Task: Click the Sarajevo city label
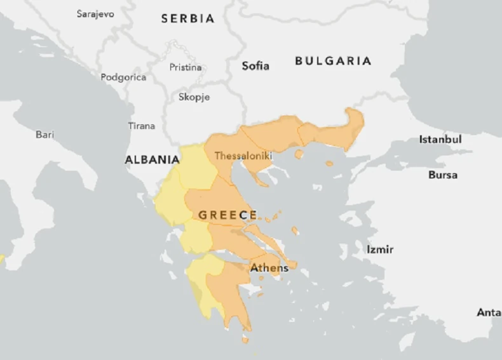[95, 13]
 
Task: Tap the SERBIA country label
[187, 19]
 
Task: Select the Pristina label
[186, 67]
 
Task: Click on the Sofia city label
[255, 65]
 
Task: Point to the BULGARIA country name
[333, 61]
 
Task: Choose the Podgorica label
[123, 77]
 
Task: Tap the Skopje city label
[194, 97]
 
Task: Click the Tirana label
[141, 126]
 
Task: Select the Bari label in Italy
[44, 134]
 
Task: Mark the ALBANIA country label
[152, 160]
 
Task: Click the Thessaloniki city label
[243, 156]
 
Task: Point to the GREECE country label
[228, 215]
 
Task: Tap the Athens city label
[269, 268]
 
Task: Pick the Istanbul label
[440, 139]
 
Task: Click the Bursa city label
[442, 175]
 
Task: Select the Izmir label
[379, 250]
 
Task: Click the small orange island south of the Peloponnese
[245, 340]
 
